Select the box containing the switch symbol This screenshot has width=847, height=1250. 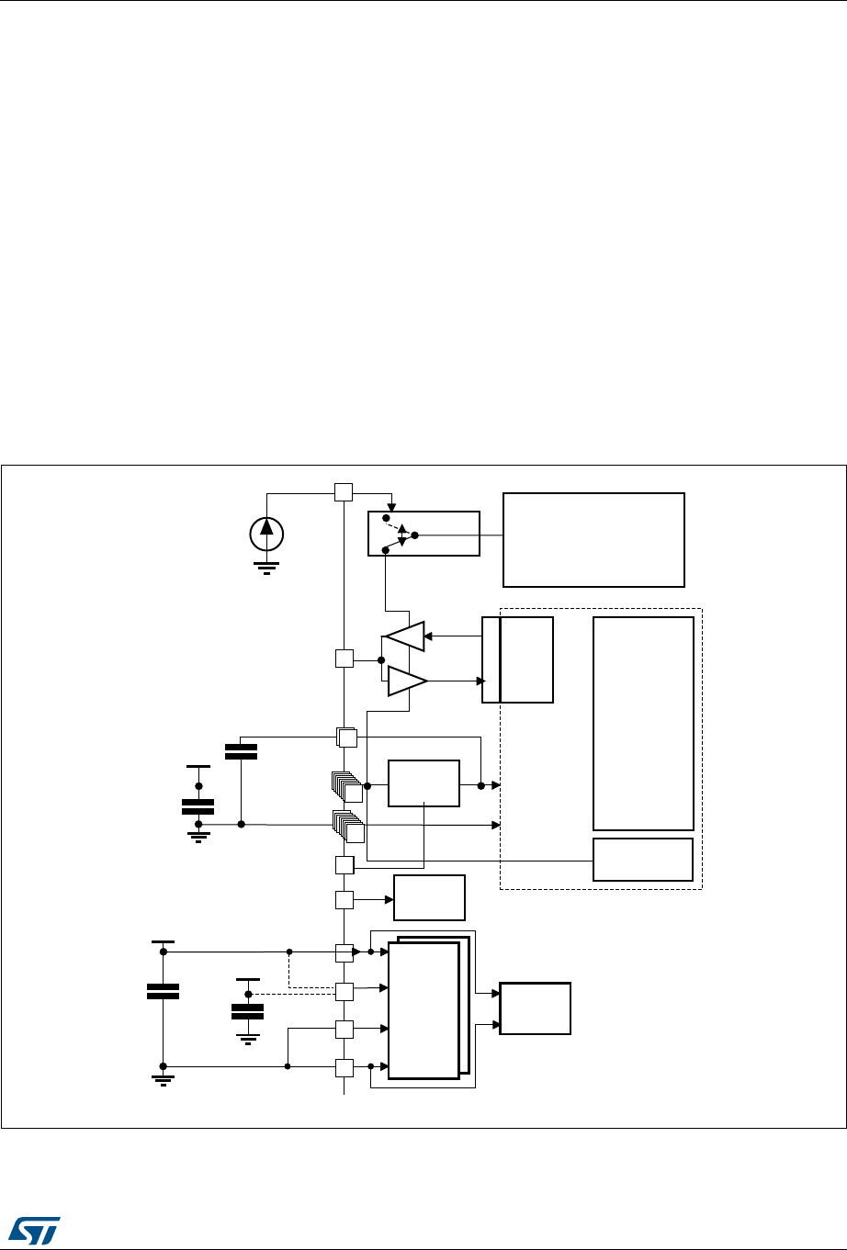pyautogui.click(x=423, y=534)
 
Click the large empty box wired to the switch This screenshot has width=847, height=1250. pyautogui.click(x=593, y=539)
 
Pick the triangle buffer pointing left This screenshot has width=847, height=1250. pyautogui.click(x=405, y=636)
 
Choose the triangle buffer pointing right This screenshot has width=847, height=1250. pyautogui.click(x=407, y=681)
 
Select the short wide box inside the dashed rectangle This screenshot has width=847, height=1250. pyautogui.click(x=643, y=859)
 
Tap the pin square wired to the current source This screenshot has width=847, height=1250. pyautogui.click(x=343, y=492)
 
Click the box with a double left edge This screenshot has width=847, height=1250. pyautogui.click(x=518, y=659)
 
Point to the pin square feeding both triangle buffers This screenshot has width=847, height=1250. pyautogui.click(x=343, y=659)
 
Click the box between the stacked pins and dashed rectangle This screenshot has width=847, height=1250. pyautogui.click(x=423, y=783)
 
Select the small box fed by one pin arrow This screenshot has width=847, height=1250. pyautogui.click(x=429, y=897)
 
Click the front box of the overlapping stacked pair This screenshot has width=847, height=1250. pyautogui.click(x=423, y=1009)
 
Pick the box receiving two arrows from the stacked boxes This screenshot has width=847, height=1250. pyautogui.click(x=535, y=1008)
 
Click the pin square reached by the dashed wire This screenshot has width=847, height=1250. pyautogui.click(x=344, y=992)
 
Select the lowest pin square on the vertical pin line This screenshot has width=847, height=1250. pyautogui.click(x=344, y=1067)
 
